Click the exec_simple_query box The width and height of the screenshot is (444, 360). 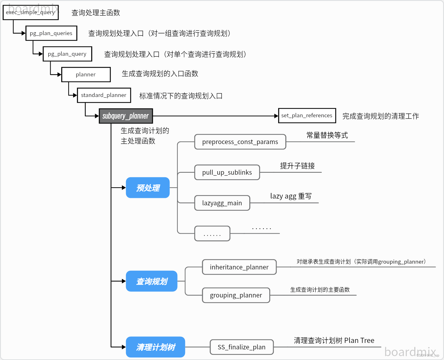tap(31, 13)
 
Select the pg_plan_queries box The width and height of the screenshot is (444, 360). tap(51, 33)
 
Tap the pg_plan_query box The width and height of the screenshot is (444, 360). tap(67, 54)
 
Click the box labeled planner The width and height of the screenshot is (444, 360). tap(86, 74)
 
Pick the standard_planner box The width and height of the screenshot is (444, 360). tap(104, 95)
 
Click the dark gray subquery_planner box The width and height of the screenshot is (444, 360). tap(126, 116)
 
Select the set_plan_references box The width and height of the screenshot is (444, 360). tap(307, 115)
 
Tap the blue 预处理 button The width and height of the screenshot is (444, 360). tap(148, 188)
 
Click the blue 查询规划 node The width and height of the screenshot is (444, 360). tap(152, 281)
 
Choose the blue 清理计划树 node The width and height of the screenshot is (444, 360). tap(155, 347)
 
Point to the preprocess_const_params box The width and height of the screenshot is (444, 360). tap(240, 142)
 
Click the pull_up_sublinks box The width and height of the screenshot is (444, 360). tap(227, 172)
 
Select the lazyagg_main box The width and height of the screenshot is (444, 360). tap(222, 203)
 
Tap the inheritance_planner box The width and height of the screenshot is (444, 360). tap(239, 267)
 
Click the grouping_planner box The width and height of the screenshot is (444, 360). tap(236, 295)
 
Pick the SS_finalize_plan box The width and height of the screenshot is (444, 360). tap(242, 347)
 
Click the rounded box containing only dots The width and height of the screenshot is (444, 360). tap(212, 234)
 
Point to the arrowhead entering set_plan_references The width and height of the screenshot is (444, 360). tap(276, 116)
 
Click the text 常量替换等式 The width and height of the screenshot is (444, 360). tap(327, 135)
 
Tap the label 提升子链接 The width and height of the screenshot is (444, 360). tap(297, 166)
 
